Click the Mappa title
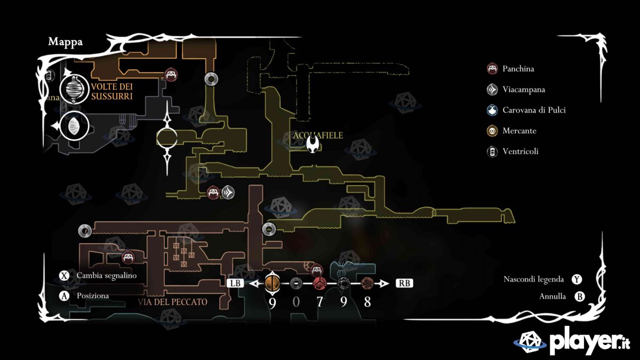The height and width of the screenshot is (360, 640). click(66, 42)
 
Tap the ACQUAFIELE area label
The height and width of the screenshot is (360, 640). click(318, 135)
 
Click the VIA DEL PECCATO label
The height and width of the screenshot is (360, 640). click(172, 302)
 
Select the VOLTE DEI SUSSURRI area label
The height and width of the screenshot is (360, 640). click(111, 91)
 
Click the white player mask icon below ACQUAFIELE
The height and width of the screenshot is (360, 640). click(316, 145)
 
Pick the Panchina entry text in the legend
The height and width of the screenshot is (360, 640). click(518, 69)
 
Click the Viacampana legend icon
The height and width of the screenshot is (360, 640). click(492, 90)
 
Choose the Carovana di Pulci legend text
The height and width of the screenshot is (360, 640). click(534, 110)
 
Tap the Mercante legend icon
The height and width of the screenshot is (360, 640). click(492, 131)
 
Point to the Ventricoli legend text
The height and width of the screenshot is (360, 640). click(520, 151)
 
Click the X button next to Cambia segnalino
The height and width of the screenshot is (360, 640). click(65, 276)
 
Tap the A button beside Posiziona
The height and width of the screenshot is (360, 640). click(65, 296)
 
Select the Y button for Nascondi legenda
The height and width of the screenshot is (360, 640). click(577, 279)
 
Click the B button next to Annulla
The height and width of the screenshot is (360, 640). click(579, 297)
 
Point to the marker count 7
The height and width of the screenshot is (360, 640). click(320, 302)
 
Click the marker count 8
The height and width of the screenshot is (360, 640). click(367, 302)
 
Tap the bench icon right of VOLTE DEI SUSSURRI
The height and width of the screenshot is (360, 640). click(171, 75)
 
